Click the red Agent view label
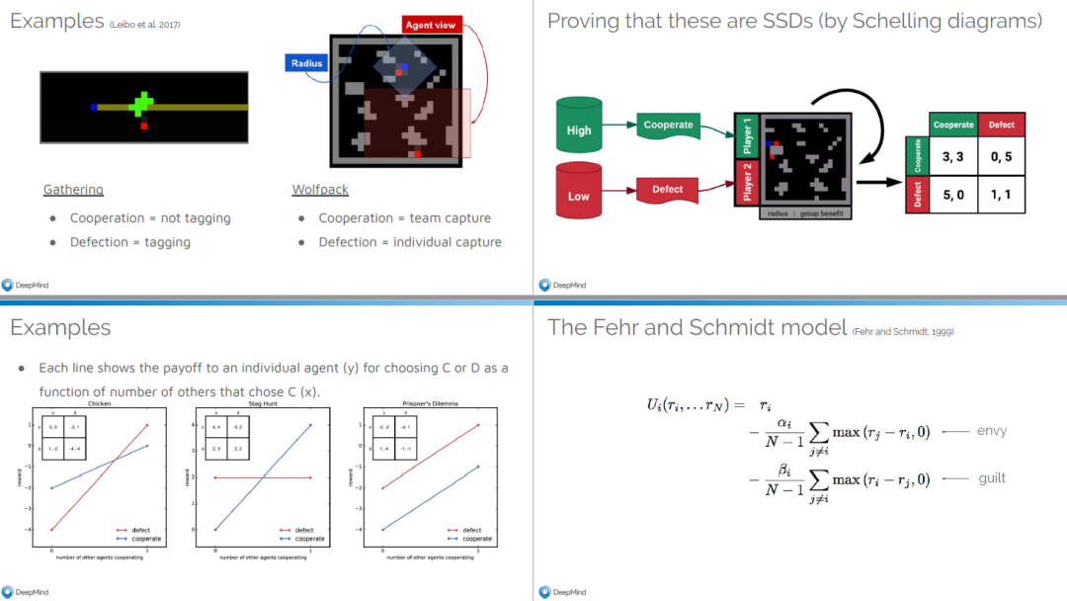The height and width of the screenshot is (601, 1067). click(431, 25)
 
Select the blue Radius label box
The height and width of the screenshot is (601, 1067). click(306, 63)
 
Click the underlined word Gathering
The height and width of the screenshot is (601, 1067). click(73, 189)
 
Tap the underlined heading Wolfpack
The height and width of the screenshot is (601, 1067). click(320, 189)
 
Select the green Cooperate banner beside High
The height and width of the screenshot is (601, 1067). click(669, 126)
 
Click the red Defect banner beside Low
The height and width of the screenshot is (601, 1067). click(667, 189)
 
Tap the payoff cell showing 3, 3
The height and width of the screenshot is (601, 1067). click(953, 157)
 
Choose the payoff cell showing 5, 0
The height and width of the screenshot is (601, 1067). click(953, 195)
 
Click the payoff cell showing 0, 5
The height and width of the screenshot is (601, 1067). click(1001, 157)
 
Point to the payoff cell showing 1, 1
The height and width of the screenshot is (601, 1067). click(1001, 195)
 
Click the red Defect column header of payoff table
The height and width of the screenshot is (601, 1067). click(1001, 125)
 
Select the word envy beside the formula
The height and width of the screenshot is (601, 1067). click(991, 431)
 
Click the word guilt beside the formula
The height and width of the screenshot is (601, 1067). click(992, 478)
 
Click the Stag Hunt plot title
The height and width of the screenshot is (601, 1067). click(264, 404)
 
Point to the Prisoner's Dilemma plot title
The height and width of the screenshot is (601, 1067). click(429, 404)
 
